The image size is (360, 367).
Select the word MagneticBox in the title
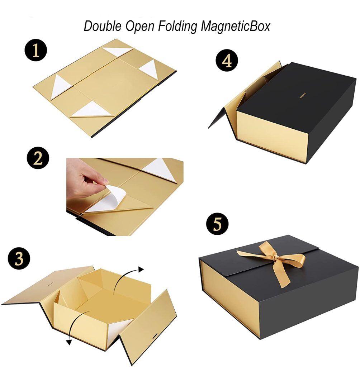(x=235, y=26)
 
